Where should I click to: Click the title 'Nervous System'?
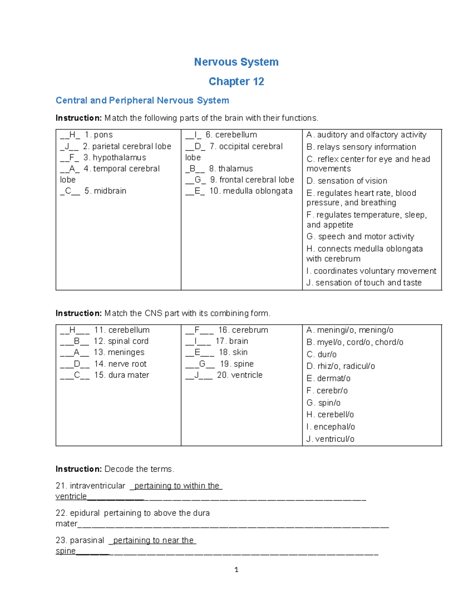tap(236, 62)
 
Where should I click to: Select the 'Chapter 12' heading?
tap(236, 82)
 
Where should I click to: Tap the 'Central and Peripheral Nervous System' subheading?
tap(142, 100)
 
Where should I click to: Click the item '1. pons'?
tap(99, 135)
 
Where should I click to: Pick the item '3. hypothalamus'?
tap(115, 158)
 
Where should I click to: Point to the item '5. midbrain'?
tap(105, 191)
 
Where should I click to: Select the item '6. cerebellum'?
tap(231, 135)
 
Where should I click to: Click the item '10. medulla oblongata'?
tap(251, 191)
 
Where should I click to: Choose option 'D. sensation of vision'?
tap(347, 181)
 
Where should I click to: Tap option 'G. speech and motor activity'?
tap(360, 236)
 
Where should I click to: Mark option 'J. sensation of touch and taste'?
tap(364, 283)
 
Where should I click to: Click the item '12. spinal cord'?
tap(121, 341)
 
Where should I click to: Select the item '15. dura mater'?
tap(121, 375)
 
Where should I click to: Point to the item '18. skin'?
tap(233, 352)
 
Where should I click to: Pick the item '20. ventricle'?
tap(240, 375)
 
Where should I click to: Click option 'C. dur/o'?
tap(322, 354)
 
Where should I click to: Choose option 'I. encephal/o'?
tap(331, 427)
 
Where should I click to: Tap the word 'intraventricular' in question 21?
tap(97, 486)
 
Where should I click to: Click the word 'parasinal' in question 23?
tap(87, 540)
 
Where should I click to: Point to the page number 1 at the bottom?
tap(236, 569)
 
